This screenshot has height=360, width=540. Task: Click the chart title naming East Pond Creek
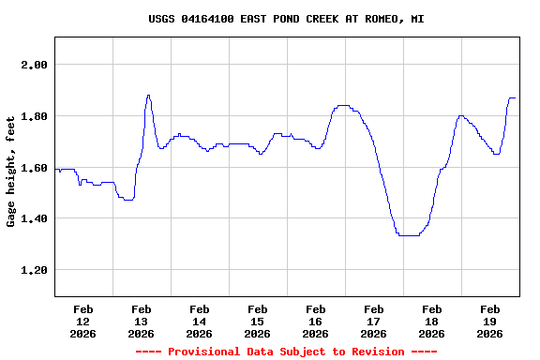point(286,19)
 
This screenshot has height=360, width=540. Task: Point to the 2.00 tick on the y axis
point(33,65)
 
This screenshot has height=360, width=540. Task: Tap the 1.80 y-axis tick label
point(33,116)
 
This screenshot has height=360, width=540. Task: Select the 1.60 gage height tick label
point(33,168)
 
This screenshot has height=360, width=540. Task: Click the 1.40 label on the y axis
point(33,218)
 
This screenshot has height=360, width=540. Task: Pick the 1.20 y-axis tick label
point(33,270)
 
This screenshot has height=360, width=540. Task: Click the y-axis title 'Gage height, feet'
point(11,172)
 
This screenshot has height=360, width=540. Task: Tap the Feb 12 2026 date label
point(82,321)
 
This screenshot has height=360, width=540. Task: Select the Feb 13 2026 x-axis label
point(141,321)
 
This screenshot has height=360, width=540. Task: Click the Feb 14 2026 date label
point(199,321)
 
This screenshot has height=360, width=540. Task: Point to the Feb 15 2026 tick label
point(257,321)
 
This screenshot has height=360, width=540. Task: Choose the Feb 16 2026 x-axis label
point(315,321)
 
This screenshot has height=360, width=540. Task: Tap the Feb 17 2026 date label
point(373,321)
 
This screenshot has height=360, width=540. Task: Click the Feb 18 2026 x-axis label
point(431,321)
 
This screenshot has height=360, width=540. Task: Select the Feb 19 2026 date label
point(489,321)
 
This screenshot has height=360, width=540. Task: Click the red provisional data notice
point(286,352)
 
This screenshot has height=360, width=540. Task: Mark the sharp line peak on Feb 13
point(148,95)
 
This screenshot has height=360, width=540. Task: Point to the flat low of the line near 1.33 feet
point(408,235)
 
